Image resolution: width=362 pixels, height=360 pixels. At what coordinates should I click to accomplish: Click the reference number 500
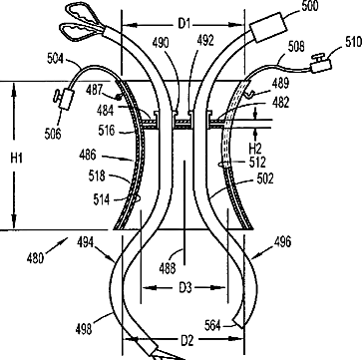coord(309,6)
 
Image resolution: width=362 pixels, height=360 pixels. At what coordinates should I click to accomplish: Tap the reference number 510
coord(353,42)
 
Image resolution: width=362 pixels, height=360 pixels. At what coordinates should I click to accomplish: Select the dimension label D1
coord(184,24)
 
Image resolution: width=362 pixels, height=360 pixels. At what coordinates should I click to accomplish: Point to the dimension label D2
coord(186,340)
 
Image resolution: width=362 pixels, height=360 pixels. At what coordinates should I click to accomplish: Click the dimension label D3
coord(185,288)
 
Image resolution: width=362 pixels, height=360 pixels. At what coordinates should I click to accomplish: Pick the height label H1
coord(16,159)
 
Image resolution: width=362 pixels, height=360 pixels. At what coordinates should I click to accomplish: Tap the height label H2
coord(256,147)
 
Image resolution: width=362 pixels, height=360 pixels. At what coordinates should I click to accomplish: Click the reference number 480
coord(35,258)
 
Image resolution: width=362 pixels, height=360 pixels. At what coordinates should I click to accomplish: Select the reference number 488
coord(168,268)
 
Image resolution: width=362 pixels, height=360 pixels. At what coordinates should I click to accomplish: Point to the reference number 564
coord(213,325)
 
